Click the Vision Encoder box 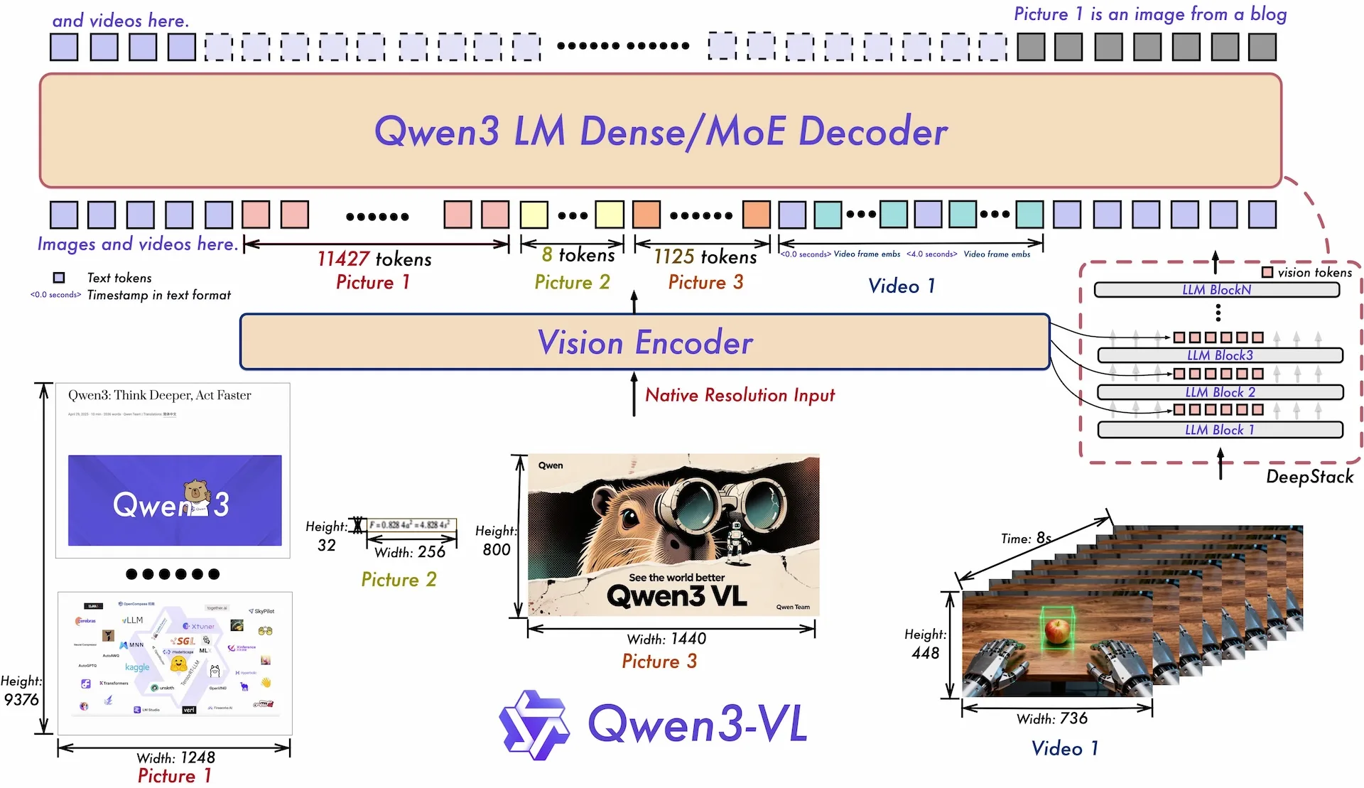[x=644, y=342]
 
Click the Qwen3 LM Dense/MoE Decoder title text [x=661, y=131]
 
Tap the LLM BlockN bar [x=1216, y=290]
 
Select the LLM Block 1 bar [x=1219, y=430]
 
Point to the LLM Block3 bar [x=1219, y=355]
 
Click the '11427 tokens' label [x=374, y=259]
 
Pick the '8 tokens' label [x=578, y=254]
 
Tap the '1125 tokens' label [x=705, y=257]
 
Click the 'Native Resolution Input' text [x=740, y=395]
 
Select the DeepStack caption [x=1309, y=477]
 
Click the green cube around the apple [x=1057, y=627]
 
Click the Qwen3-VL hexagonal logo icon [x=534, y=725]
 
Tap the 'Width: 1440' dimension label [x=666, y=639]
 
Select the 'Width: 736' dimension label [x=1051, y=718]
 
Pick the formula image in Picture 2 [x=411, y=525]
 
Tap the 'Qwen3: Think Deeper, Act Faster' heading [x=159, y=395]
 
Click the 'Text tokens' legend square [x=59, y=278]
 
